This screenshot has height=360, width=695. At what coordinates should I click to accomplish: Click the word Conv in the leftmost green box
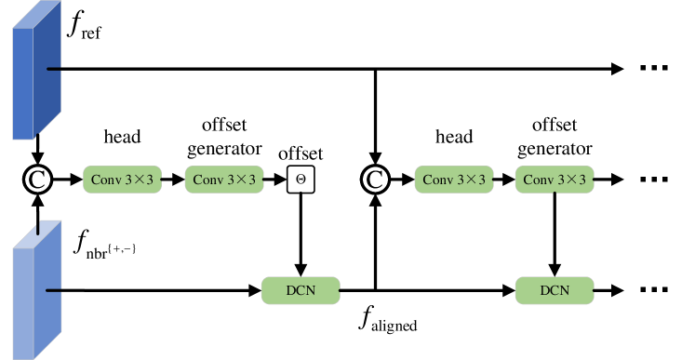[x=105, y=180]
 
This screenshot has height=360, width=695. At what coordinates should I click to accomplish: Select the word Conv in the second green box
[x=207, y=180]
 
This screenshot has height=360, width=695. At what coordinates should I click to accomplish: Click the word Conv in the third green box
[x=436, y=180]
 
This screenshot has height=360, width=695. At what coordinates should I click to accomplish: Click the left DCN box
[x=301, y=290]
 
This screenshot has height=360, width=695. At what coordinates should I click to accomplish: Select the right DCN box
[x=555, y=290]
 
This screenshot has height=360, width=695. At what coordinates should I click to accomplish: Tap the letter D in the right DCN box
[x=545, y=290]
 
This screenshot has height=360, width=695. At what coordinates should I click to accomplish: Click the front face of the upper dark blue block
[x=22, y=84]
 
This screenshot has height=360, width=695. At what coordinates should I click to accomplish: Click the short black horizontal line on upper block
[x=53, y=69]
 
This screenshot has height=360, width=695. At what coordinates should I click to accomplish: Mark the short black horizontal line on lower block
[x=53, y=290]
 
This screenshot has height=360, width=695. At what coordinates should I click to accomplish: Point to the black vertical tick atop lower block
[x=38, y=229]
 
